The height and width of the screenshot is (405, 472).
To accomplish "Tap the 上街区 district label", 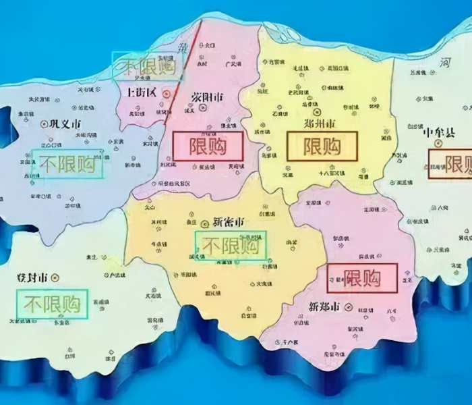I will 140,92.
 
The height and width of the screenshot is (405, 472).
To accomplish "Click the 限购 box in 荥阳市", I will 208,146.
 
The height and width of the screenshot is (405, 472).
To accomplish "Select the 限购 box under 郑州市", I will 322,146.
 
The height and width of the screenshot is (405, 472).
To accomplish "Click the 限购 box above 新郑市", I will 362,278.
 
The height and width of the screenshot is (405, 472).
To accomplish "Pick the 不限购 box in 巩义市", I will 67,163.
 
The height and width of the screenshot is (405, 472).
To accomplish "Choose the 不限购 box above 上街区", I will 147,66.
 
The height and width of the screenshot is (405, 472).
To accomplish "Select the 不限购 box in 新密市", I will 231,246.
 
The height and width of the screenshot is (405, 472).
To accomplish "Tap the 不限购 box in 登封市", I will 54,304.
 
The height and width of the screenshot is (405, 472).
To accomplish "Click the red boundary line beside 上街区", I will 185,67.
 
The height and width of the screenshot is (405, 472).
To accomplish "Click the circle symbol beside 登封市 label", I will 56,277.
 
